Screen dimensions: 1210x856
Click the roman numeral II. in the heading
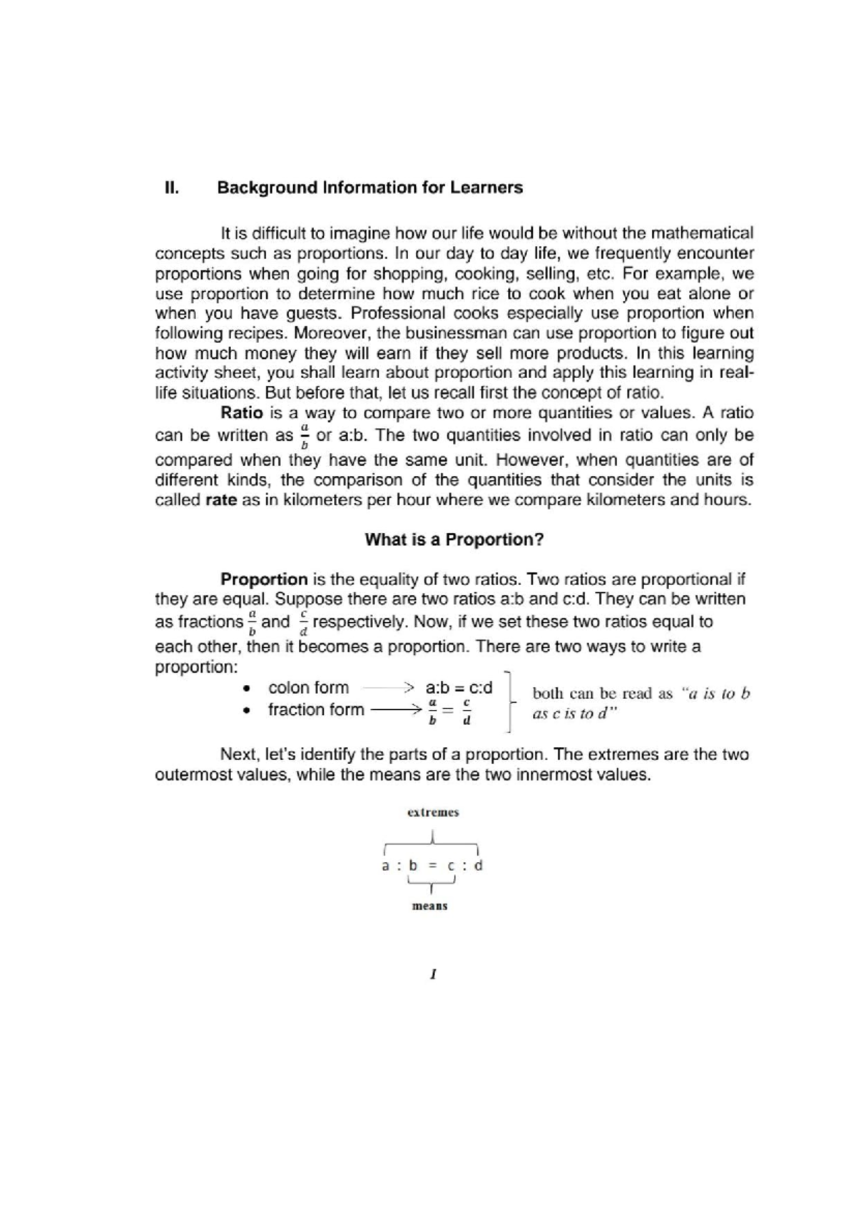click(x=170, y=188)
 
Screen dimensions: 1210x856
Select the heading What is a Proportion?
click(x=454, y=539)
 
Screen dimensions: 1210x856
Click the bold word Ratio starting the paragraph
click(x=242, y=413)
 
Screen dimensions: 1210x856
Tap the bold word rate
click(x=220, y=500)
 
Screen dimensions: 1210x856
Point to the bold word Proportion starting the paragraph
click(x=263, y=579)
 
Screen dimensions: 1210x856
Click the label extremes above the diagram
click(x=432, y=812)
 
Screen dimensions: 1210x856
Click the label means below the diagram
click(x=430, y=906)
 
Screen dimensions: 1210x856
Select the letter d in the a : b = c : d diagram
click(x=478, y=865)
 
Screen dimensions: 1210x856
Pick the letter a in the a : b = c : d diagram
click(x=385, y=866)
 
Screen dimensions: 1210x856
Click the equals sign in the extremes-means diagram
click(x=432, y=866)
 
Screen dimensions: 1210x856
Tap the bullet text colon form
click(x=308, y=688)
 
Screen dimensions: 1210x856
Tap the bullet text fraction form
click(x=316, y=710)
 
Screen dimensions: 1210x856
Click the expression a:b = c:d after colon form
click(x=459, y=688)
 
